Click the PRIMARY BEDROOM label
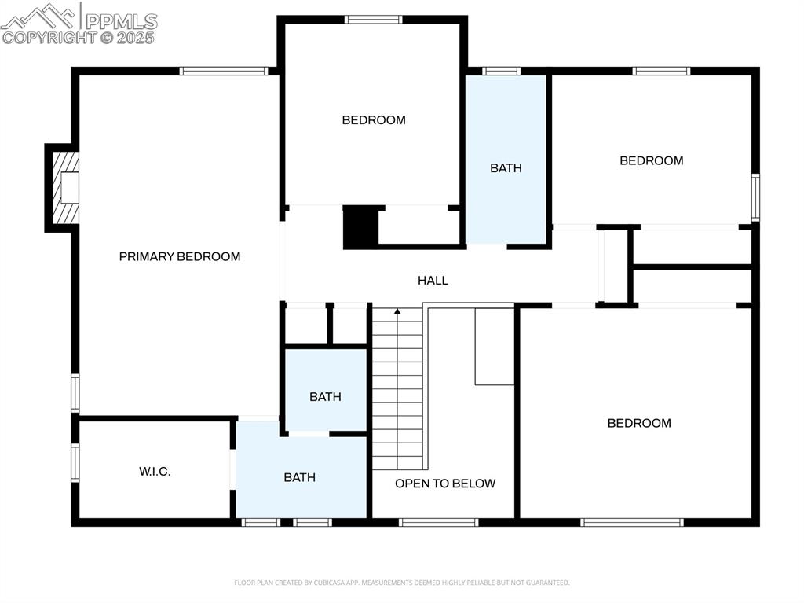click(180, 256)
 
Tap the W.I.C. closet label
click(155, 472)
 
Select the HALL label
click(433, 281)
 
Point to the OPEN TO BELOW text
click(445, 484)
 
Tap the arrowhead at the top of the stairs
click(397, 311)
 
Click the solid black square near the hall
click(360, 226)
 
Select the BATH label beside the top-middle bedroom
click(506, 168)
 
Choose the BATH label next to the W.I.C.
click(299, 477)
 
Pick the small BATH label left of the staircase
click(325, 396)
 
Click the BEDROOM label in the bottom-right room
click(639, 423)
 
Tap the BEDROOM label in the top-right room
click(651, 160)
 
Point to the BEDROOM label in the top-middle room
click(373, 120)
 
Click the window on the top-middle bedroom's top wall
click(373, 20)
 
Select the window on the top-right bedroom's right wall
click(755, 197)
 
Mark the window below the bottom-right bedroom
click(632, 522)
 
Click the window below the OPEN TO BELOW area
click(438, 522)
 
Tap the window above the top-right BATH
click(501, 71)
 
